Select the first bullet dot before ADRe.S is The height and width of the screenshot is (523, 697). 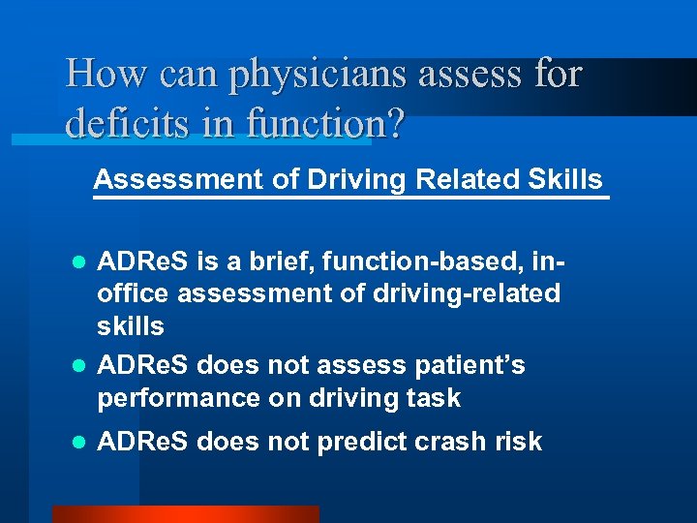[x=82, y=262]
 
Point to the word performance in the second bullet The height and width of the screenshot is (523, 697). [x=178, y=398]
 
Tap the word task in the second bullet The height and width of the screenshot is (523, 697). [x=435, y=398]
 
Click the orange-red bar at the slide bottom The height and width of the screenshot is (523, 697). [x=184, y=514]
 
